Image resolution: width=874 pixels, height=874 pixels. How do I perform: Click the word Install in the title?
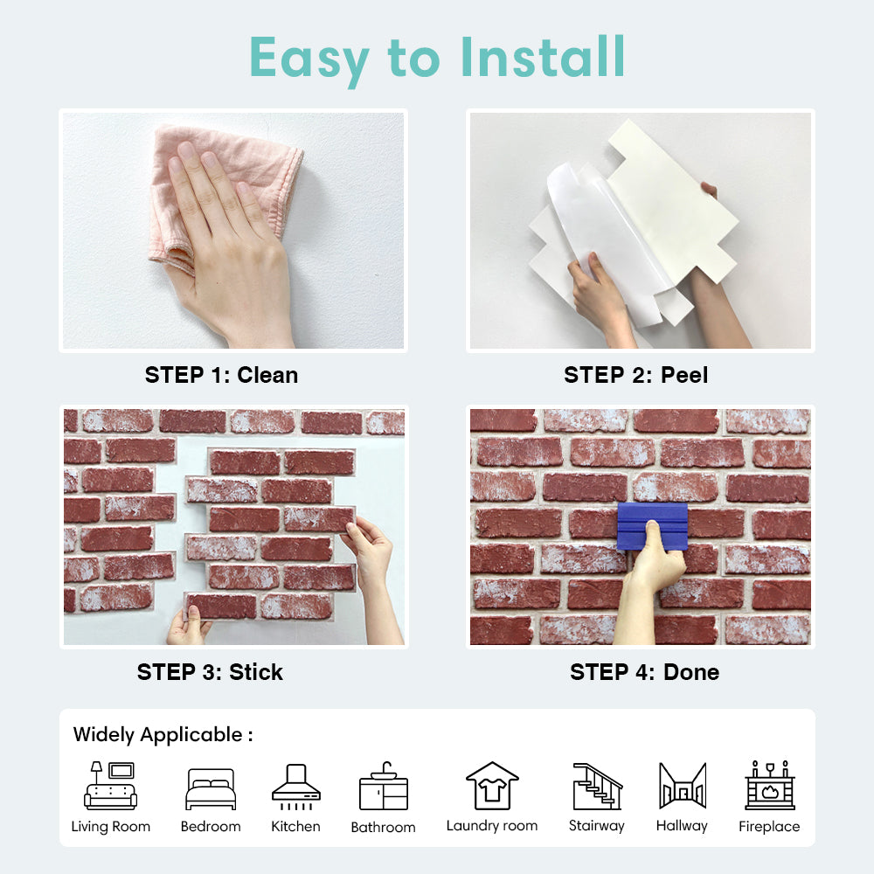(543, 57)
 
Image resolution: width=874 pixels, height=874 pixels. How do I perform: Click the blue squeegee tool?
(652, 525)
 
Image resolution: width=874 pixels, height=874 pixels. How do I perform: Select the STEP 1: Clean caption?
(221, 375)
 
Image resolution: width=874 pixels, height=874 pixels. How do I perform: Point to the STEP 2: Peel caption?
(636, 375)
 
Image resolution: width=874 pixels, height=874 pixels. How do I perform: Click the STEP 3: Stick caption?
(210, 672)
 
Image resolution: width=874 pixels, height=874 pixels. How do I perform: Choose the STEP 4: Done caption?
(644, 672)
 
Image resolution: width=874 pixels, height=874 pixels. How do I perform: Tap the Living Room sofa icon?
(110, 786)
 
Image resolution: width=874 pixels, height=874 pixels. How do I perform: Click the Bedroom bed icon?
(211, 788)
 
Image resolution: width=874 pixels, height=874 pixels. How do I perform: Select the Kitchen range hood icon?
(296, 787)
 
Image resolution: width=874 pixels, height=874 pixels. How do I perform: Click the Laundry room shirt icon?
(492, 786)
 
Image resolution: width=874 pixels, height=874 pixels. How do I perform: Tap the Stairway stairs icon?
(598, 787)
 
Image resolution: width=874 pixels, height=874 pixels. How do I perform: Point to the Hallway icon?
(683, 786)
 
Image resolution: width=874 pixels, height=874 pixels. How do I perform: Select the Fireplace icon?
(770, 786)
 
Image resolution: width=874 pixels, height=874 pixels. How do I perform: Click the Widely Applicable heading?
(163, 735)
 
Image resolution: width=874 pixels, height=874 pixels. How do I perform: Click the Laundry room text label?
(492, 826)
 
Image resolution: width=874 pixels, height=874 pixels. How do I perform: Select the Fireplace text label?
(769, 827)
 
